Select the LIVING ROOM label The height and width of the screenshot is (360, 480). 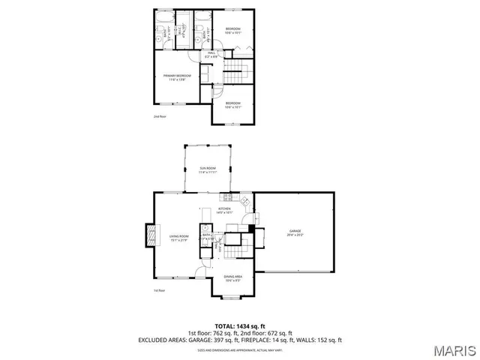pyautogui.click(x=178, y=235)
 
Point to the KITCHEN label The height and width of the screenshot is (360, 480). pyautogui.click(x=225, y=208)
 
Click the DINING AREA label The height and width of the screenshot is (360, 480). pyautogui.click(x=232, y=277)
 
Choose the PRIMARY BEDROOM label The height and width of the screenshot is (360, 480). pyautogui.click(x=178, y=76)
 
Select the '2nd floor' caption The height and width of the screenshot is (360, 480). pyautogui.click(x=159, y=116)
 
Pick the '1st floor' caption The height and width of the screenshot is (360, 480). pyautogui.click(x=159, y=290)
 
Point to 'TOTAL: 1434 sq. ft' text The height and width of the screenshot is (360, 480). pyautogui.click(x=240, y=325)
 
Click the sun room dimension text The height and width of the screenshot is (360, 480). pyautogui.click(x=207, y=172)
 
